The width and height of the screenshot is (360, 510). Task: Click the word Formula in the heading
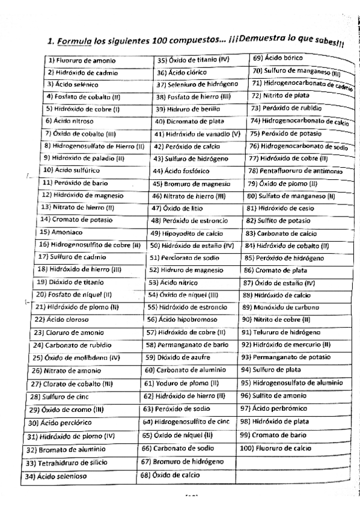point(74,41)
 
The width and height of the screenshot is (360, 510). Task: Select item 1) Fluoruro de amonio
point(82,61)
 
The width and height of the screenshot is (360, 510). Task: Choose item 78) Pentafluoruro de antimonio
point(295,170)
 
